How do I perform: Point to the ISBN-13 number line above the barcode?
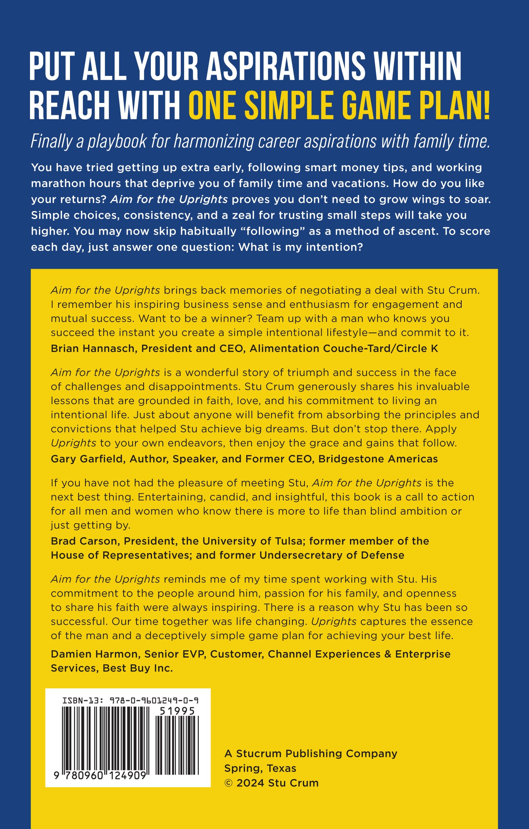(130, 701)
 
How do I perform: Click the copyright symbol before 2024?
(228, 783)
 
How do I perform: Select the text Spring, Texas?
(260, 768)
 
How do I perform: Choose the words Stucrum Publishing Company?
(316, 754)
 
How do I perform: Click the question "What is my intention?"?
(301, 247)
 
